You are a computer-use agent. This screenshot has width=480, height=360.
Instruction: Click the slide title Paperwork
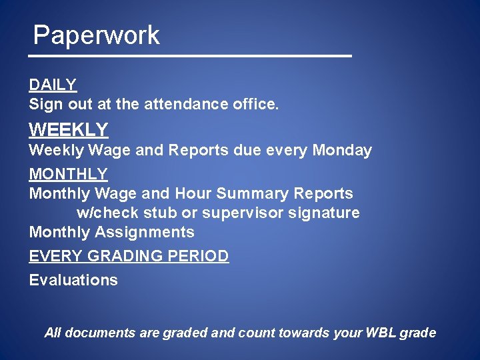pyautogui.click(x=97, y=35)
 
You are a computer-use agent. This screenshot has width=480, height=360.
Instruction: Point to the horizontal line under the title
pyautogui.click(x=193, y=56)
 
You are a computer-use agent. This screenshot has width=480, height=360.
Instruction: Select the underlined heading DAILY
pyautogui.click(x=53, y=85)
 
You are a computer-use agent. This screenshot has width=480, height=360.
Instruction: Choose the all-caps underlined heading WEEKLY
pyautogui.click(x=68, y=129)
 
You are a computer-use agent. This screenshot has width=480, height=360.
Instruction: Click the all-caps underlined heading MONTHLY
pyautogui.click(x=68, y=174)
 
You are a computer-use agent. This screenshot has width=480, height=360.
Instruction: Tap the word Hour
pyautogui.click(x=193, y=193)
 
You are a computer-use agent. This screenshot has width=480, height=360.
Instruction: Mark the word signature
pyautogui.click(x=327, y=213)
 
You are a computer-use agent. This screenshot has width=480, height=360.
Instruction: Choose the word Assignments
pyautogui.click(x=145, y=232)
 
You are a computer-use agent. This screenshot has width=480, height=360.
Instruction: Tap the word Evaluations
pyautogui.click(x=73, y=280)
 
